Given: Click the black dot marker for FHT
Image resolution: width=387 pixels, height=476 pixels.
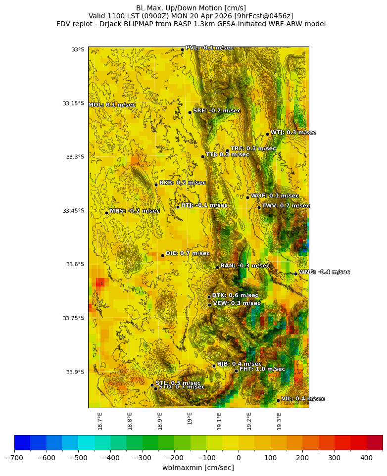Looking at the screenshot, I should coord(236,371).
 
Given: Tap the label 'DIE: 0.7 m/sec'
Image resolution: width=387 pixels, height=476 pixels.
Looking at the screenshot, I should coord(188,253).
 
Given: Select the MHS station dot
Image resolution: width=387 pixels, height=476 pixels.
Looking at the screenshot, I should coord(106,213).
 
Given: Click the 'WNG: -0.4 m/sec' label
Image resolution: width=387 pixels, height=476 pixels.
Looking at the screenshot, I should coord(324,272).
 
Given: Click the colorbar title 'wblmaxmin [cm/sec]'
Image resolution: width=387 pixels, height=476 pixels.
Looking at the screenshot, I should coord(198,468).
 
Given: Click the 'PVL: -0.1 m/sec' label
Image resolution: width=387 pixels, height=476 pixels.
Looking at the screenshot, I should coord(209,48).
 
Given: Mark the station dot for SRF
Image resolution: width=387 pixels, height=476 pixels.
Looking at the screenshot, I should coord(190,112).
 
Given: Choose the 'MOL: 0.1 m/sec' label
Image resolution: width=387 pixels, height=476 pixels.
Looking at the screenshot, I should coord(112,105).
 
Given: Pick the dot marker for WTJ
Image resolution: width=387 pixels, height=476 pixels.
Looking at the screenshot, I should coord(267,134).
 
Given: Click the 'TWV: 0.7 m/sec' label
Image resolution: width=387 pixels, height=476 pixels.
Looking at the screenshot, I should coord(286,206).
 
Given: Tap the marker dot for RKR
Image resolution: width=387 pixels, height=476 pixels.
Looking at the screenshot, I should coord(156,185).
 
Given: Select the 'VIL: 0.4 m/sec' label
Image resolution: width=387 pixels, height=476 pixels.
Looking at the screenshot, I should coord(303,399).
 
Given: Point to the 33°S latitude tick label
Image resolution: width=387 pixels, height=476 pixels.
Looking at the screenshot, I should coord(78,49).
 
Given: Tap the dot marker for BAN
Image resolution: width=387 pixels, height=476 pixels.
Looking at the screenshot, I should coord(217,267).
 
